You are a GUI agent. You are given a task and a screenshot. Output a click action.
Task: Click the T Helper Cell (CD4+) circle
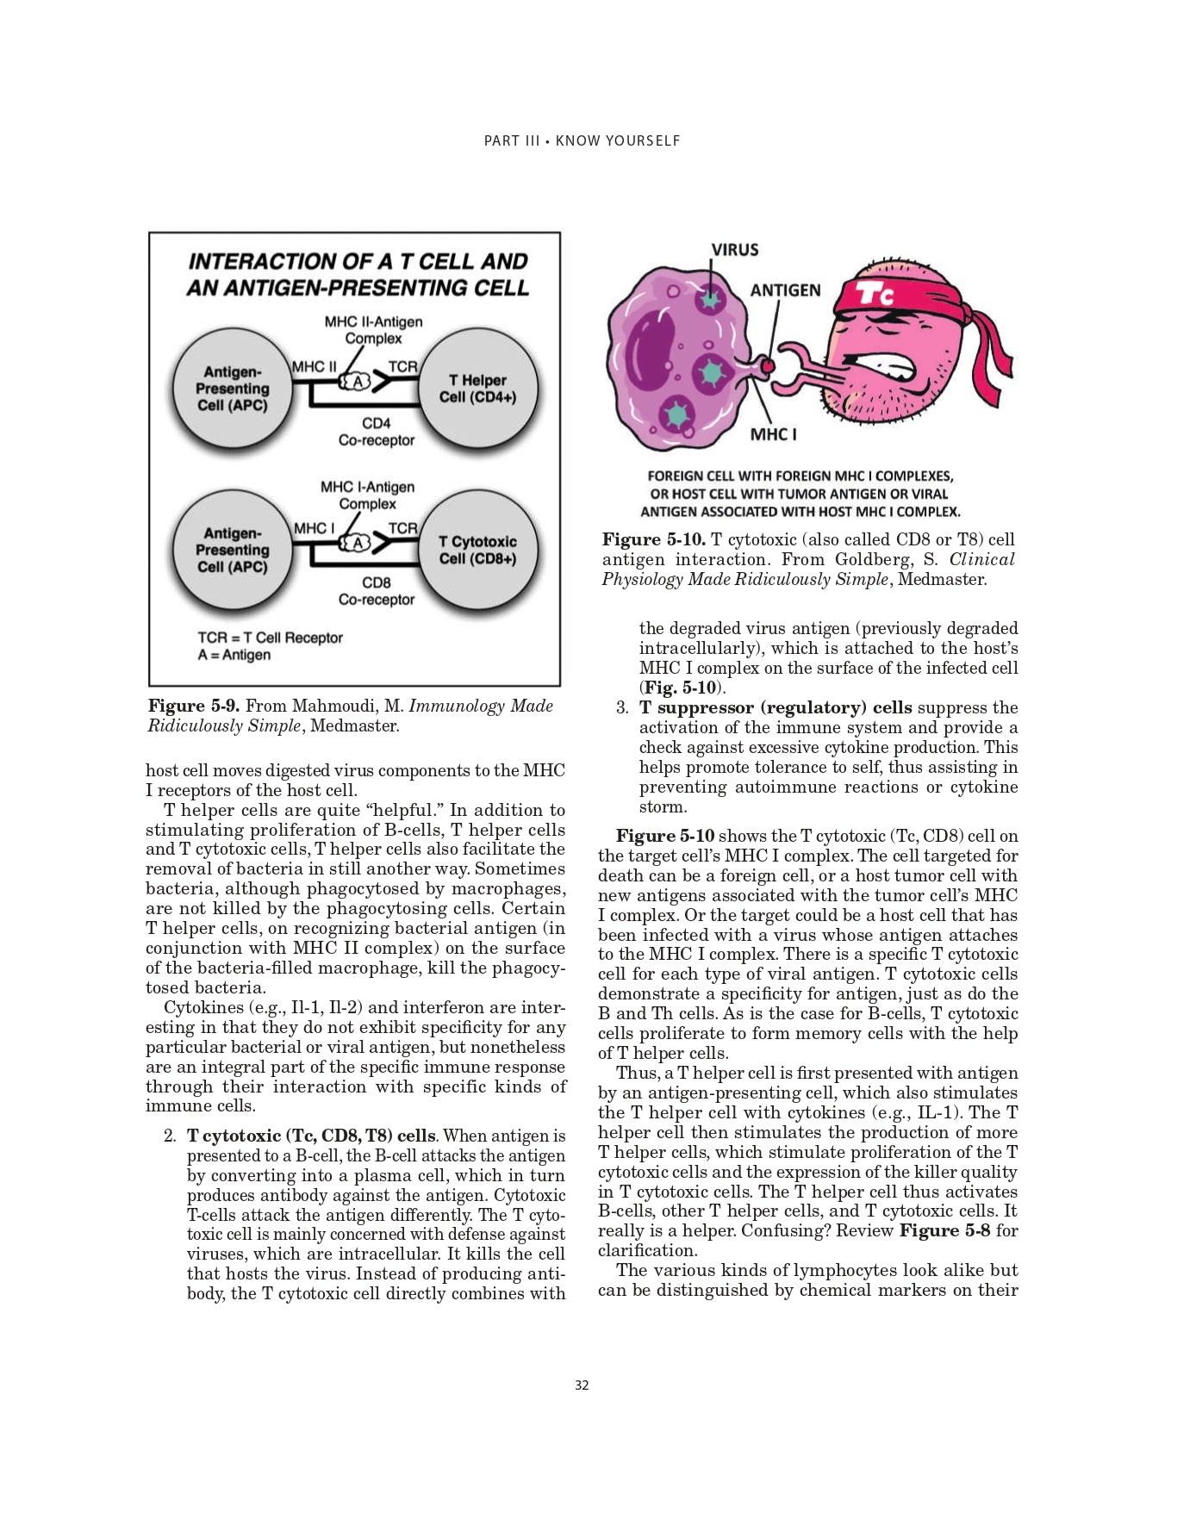[477, 389]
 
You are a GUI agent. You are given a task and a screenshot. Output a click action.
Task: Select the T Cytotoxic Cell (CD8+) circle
[477, 550]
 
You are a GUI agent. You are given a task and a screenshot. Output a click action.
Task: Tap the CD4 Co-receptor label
[377, 432]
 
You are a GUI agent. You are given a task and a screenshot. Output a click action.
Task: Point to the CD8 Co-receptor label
[377, 591]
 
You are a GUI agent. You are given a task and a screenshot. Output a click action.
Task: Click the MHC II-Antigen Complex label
[373, 330]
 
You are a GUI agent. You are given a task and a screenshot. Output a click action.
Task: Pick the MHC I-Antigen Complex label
[367, 495]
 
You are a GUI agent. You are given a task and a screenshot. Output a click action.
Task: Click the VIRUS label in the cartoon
[734, 250]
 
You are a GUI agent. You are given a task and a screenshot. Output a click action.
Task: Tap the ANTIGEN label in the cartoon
[785, 290]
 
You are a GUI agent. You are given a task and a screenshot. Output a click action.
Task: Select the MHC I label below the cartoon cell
[773, 434]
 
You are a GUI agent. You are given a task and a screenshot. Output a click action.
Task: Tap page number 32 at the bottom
[582, 1385]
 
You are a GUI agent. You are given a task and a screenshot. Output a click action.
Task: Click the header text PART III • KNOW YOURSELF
[582, 140]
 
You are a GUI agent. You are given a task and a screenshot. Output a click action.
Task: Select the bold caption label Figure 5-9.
[194, 707]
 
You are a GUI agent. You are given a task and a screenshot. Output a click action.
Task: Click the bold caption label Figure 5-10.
[653, 540]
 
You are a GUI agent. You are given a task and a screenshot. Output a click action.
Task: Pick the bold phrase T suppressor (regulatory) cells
[775, 708]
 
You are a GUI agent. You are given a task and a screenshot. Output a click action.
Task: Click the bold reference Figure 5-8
[944, 1230]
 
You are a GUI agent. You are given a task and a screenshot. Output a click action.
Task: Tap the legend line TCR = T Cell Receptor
[270, 638]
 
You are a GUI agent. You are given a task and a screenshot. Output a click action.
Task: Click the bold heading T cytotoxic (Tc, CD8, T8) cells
[311, 1136]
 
